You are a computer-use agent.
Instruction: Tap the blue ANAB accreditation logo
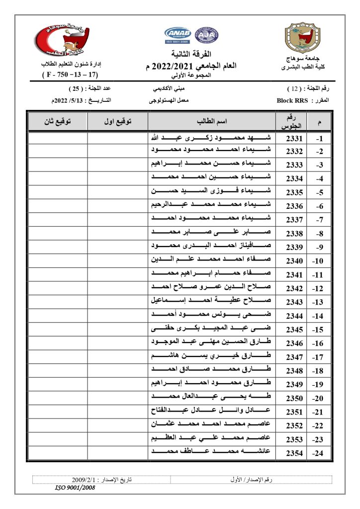click(x=178, y=35)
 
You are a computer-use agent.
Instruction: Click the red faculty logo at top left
click(x=63, y=40)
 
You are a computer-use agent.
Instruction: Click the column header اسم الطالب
click(x=212, y=122)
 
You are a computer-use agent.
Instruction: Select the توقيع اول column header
click(x=118, y=122)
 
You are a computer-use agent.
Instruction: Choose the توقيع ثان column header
click(x=57, y=122)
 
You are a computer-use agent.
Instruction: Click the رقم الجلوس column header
click(x=292, y=122)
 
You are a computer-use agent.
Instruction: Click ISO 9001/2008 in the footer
click(x=75, y=488)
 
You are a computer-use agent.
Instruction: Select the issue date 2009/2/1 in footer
click(x=87, y=480)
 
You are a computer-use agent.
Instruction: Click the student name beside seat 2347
click(x=212, y=357)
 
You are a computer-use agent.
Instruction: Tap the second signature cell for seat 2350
click(x=57, y=398)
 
